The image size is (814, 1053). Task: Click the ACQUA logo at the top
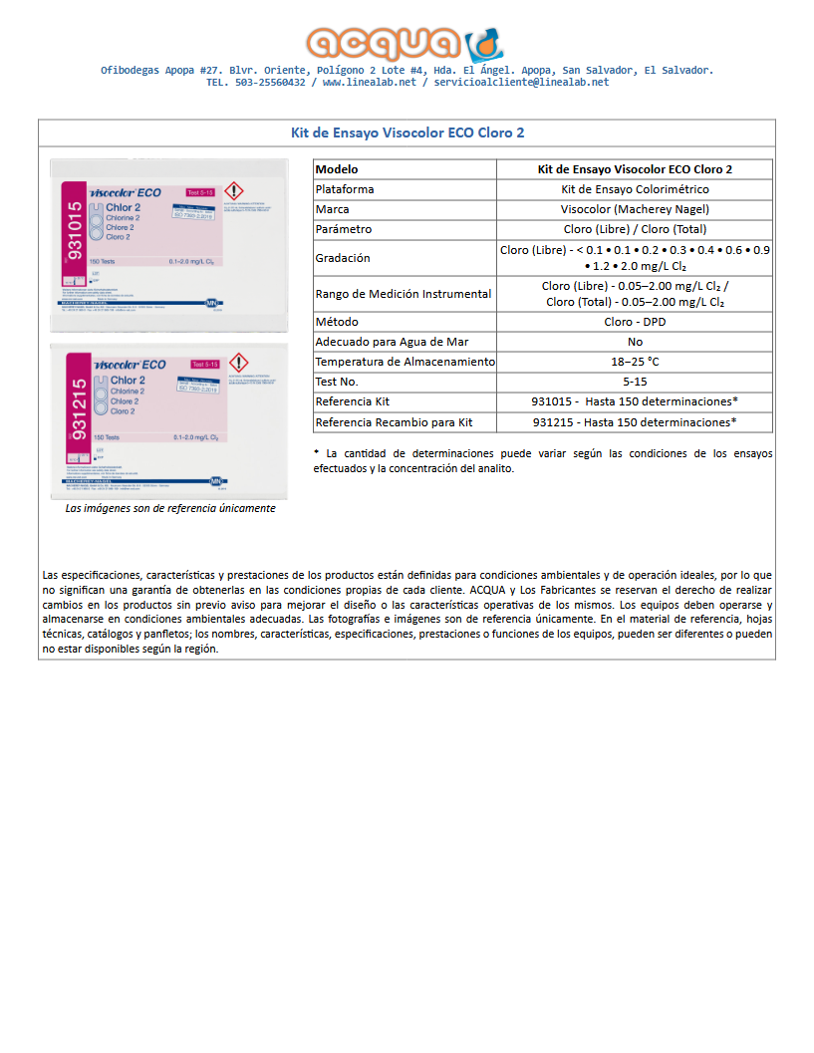pos(406,43)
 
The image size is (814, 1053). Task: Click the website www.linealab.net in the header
pos(369,83)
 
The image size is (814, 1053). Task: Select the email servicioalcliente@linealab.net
pos(521,83)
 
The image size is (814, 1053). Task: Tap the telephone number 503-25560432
pos(270,83)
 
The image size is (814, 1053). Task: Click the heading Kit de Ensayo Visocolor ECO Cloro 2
pos(407,132)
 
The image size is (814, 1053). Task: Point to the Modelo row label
pos(337,169)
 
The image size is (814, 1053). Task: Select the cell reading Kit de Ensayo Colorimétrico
pos(635,189)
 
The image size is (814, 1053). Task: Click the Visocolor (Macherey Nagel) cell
pos(635,209)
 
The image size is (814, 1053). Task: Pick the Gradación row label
pos(343,258)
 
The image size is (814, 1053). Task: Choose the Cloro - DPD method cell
pos(635,322)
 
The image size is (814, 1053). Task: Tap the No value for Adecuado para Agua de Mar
pos(635,342)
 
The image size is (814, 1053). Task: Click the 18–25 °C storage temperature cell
pos(635,362)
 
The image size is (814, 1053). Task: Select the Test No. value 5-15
pos(635,382)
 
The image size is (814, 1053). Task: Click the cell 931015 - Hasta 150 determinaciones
pos(635,401)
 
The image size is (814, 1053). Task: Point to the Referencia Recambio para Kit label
pos(394,422)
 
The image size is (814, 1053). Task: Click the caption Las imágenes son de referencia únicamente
pos(169,508)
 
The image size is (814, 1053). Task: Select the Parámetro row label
pos(344,229)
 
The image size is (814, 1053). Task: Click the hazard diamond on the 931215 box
pos(238,363)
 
